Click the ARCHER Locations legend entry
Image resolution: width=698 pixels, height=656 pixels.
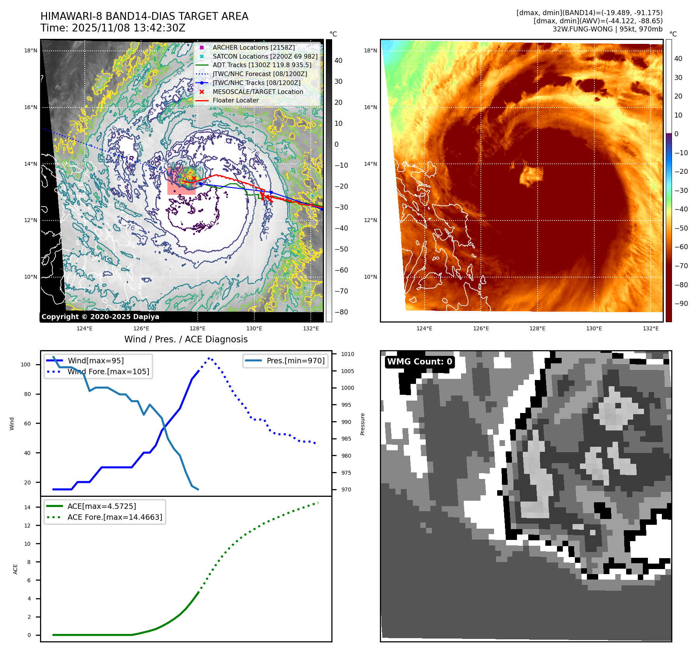[x=253, y=47]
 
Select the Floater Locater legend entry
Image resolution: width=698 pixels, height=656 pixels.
[x=235, y=100]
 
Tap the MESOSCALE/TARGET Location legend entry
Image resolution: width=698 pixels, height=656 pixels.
[x=258, y=92]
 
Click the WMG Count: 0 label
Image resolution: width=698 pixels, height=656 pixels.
[x=419, y=362]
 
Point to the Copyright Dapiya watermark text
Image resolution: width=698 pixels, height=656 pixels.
[x=100, y=317]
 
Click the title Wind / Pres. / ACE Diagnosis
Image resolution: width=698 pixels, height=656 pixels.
[x=186, y=339]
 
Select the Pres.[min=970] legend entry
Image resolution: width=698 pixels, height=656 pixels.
[x=295, y=361]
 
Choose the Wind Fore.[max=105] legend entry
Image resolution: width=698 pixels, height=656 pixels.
[x=108, y=371]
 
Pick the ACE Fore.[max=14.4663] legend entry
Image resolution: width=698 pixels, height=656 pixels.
[x=115, y=517]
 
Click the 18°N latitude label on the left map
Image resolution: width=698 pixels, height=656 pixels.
[x=31, y=50]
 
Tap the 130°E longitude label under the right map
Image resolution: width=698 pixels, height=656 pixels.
[x=594, y=328]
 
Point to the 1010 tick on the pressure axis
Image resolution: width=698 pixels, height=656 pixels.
[x=347, y=354]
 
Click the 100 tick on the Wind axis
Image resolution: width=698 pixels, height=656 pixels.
[x=26, y=364]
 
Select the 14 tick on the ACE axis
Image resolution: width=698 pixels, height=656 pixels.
[x=27, y=507]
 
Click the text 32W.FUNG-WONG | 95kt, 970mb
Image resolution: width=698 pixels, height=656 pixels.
[x=607, y=29]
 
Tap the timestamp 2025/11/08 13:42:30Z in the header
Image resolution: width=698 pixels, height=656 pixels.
[x=128, y=28]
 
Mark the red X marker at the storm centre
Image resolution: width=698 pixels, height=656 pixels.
[x=194, y=178]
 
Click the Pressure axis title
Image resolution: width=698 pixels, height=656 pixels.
[x=362, y=424]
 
